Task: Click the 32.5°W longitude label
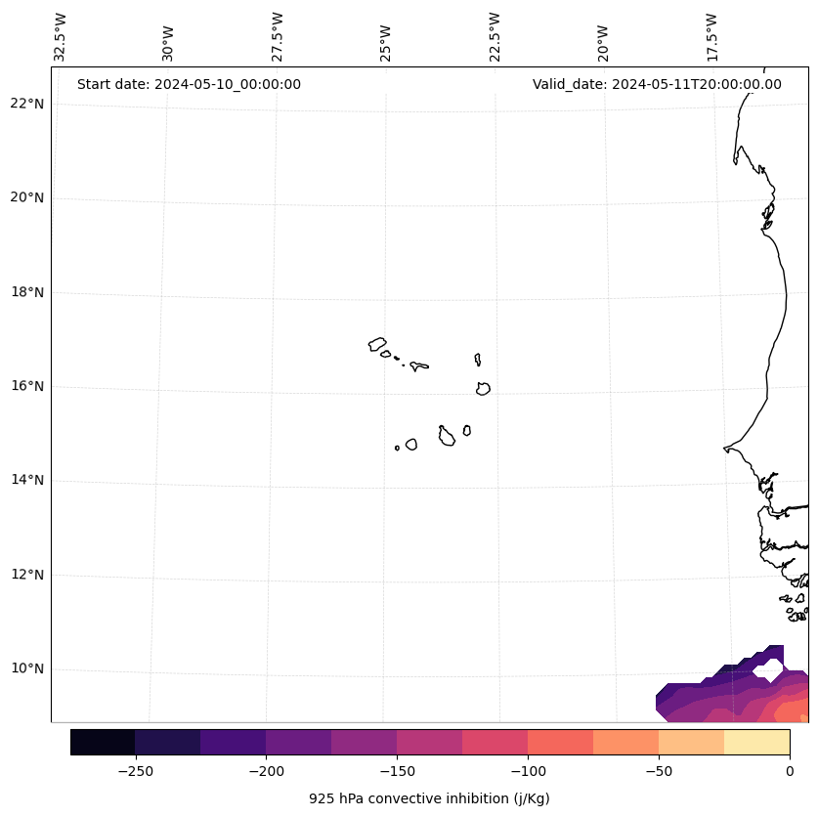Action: (61, 37)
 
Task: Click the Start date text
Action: (189, 84)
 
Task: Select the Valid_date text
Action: (657, 84)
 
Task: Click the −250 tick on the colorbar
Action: (135, 770)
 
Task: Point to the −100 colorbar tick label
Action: (528, 770)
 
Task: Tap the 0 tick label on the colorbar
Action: (790, 770)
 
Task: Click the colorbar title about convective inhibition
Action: (429, 798)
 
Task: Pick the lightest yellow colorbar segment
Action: (756, 742)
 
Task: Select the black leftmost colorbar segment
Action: (103, 742)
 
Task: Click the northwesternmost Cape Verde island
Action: (377, 344)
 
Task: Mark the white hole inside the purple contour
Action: (769, 670)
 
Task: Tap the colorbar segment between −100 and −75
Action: (560, 742)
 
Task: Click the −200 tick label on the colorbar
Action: (266, 770)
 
